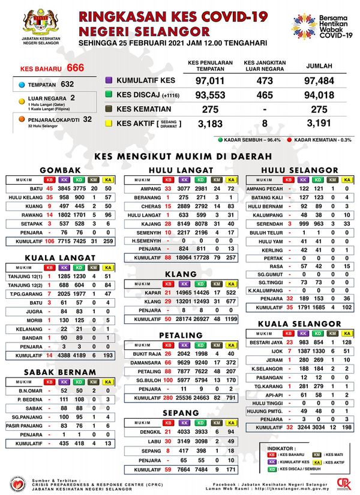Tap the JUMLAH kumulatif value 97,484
pyautogui.click(x=319, y=80)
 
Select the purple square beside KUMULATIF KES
pyautogui.click(x=109, y=80)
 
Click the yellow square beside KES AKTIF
pyautogui.click(x=109, y=124)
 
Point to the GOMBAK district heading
pyautogui.click(x=61, y=170)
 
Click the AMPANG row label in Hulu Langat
pyautogui.click(x=143, y=188)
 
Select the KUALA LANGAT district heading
pyautogui.click(x=61, y=257)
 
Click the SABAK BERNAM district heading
pyautogui.click(x=61, y=371)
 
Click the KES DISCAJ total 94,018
pyautogui.click(x=319, y=95)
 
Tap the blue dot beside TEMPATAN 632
pyautogui.click(x=22, y=85)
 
